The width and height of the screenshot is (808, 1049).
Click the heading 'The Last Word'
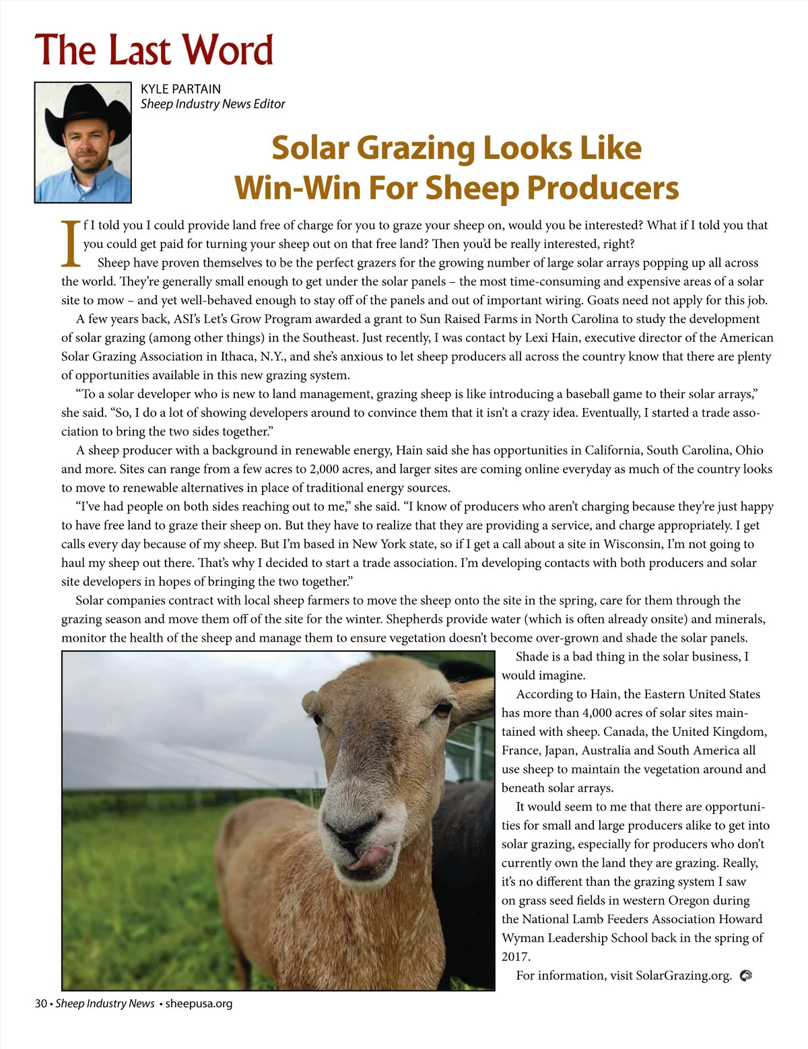154,50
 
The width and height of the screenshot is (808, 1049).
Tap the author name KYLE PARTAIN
180,89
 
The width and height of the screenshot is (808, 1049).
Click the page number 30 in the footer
41,1003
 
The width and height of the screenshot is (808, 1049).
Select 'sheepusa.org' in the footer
199,1003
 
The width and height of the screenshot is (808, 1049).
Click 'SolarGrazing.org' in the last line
683,976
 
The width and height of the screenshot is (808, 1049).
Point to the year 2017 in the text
516,957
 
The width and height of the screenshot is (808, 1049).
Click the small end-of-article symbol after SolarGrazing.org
745,976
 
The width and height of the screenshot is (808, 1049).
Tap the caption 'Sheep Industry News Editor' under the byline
213,104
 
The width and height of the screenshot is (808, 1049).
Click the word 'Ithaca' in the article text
240,357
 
